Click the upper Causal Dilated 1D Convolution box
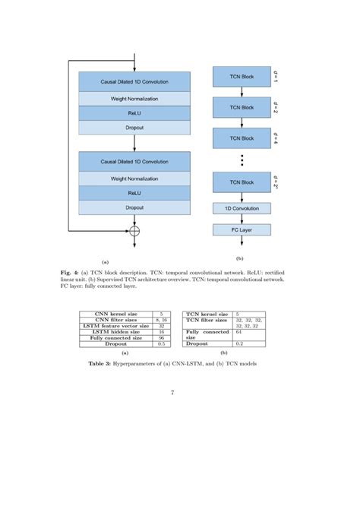[x=134, y=81]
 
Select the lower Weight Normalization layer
[x=134, y=179]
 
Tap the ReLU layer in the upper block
[x=134, y=112]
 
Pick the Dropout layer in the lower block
[x=134, y=207]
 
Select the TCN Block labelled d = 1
[x=242, y=77]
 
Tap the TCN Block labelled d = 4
[x=242, y=139]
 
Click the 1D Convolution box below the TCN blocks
[x=242, y=207]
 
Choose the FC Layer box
[x=242, y=229]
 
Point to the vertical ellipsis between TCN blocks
[x=242, y=160]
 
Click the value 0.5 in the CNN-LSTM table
[x=162, y=344]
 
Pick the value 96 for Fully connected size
[x=162, y=338]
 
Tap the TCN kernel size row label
[x=207, y=314]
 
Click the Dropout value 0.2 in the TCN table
[x=238, y=344]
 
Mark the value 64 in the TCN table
[x=238, y=332]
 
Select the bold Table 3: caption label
[x=114, y=365]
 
